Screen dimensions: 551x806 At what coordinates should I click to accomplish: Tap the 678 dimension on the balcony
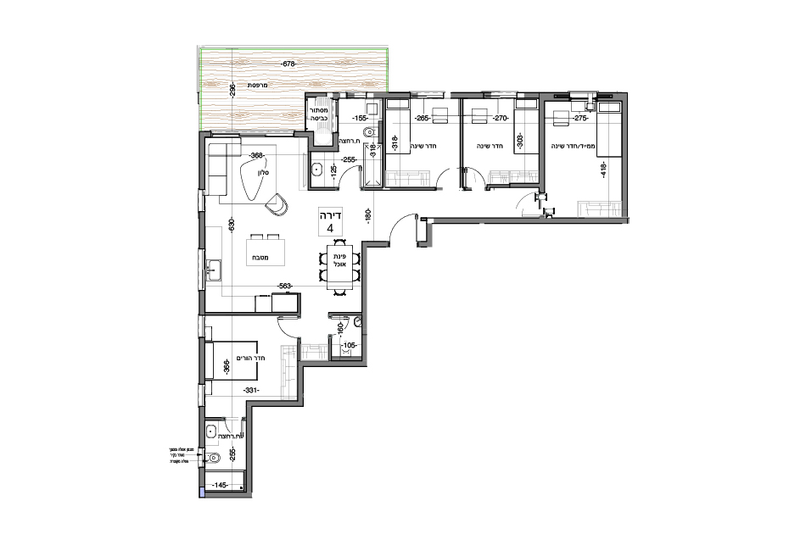290,64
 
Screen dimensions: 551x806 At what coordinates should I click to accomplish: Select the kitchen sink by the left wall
212,271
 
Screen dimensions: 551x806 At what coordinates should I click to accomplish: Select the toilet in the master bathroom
213,461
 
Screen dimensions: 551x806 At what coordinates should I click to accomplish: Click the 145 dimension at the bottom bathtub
219,486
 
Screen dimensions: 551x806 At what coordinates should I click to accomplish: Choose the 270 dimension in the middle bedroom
500,120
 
